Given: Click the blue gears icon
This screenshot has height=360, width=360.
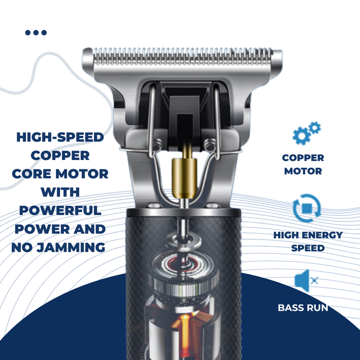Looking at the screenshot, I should pos(306,133).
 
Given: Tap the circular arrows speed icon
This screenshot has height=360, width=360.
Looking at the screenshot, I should pos(307,208).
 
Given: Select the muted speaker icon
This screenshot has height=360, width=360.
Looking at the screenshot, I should pos(306,280).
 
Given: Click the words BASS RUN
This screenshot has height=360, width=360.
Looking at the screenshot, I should pos(303,308).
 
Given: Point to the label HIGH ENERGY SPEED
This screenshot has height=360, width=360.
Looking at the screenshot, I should pos(308,241).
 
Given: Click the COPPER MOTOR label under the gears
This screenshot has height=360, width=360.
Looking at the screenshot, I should pos(303,164).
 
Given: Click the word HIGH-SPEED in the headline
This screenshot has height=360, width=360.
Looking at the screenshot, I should pos(60,137).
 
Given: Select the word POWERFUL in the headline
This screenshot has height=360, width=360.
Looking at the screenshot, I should pos(60,210).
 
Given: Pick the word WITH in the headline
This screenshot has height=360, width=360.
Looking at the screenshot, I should pos(60,192).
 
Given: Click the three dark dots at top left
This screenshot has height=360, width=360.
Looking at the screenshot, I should pos(36,33).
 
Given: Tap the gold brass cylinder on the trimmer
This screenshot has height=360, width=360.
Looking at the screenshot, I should pos(184,178).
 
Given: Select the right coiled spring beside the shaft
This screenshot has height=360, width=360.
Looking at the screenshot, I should pos(210,143).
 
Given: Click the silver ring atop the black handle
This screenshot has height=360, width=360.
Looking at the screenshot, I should pos(184,212).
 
